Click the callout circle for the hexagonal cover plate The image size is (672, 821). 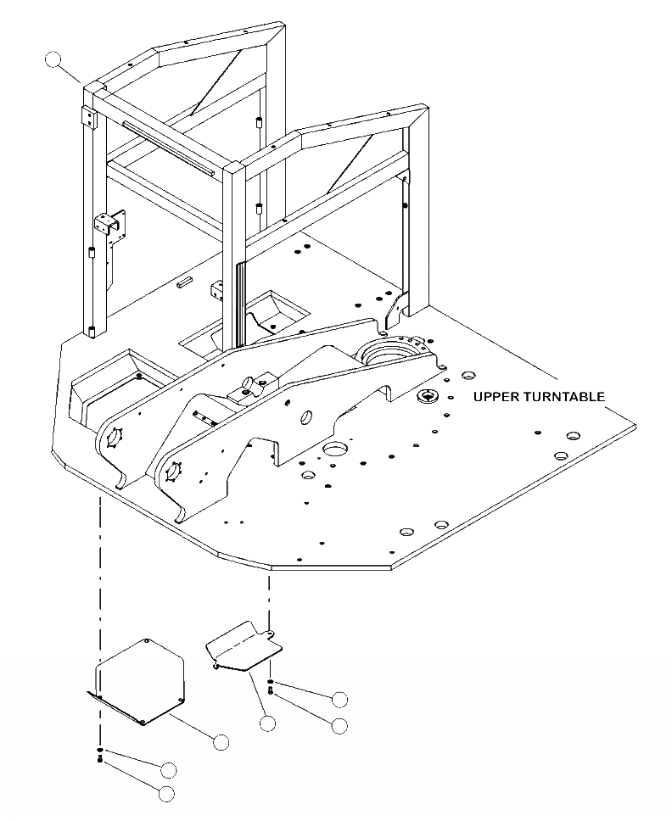(221, 741)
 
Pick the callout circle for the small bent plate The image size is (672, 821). (267, 723)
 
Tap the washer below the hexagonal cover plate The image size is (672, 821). (100, 751)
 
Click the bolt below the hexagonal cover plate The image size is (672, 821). (100, 761)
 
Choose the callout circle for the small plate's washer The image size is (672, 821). (339, 699)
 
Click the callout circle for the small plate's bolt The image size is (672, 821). (339, 725)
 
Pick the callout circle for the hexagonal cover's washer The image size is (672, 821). (168, 769)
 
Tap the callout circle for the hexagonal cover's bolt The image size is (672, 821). (166, 794)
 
